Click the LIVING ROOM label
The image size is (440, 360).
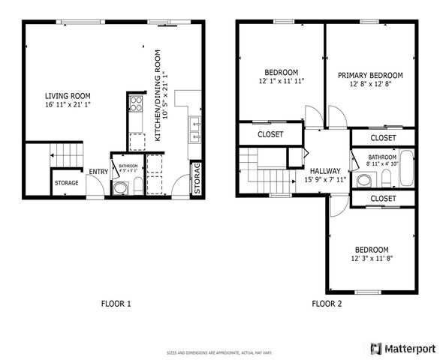tap(68, 95)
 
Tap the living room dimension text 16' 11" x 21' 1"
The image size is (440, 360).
tap(68, 105)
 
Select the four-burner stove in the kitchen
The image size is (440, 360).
tap(136, 104)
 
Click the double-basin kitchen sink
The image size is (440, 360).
tap(194, 130)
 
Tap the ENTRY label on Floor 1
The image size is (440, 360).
tap(98, 172)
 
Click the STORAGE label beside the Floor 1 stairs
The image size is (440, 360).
tap(67, 182)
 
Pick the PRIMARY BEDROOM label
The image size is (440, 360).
tap(369, 75)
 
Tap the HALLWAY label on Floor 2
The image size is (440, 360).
tap(324, 171)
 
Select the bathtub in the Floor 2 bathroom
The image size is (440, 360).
tap(405, 169)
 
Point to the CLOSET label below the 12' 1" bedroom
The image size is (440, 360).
tap(270, 135)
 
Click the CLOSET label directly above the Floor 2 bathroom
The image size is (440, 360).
tap(383, 138)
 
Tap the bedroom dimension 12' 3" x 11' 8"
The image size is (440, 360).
tap(372, 258)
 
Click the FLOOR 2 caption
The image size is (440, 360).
tap(327, 304)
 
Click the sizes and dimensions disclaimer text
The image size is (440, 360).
tap(219, 352)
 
